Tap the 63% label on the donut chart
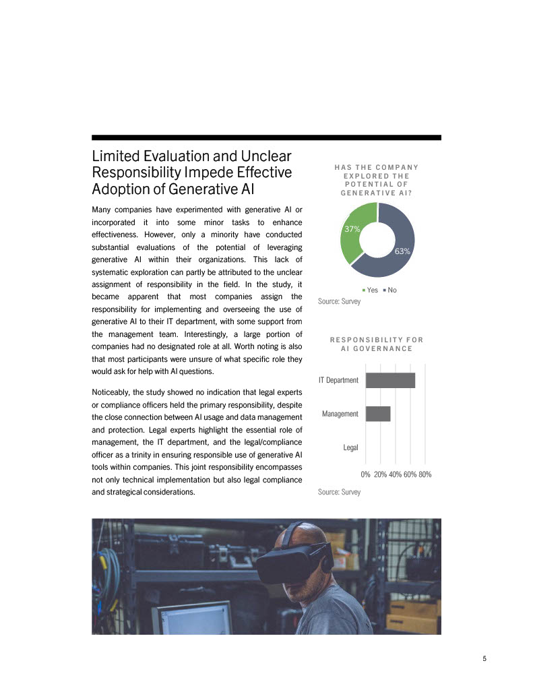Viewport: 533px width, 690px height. pyautogui.click(x=403, y=251)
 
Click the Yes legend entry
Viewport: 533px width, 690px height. pyautogui.click(x=370, y=290)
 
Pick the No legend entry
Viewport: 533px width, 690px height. pyautogui.click(x=389, y=290)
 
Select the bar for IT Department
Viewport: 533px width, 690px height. pyautogui.click(x=390, y=380)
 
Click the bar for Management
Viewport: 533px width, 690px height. pyautogui.click(x=378, y=413)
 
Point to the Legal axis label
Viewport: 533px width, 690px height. pyautogui.click(x=350, y=447)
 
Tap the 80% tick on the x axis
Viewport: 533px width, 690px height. pyautogui.click(x=425, y=474)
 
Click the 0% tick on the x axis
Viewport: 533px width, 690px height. pyautogui.click(x=365, y=474)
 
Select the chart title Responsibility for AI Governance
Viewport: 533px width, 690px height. pyautogui.click(x=376, y=344)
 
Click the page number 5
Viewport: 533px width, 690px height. pyautogui.click(x=484, y=659)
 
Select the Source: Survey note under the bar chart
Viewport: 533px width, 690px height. pyautogui.click(x=339, y=492)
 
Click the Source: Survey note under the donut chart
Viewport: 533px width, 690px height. pyautogui.click(x=339, y=301)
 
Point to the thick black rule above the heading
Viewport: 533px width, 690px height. pyautogui.click(x=266, y=137)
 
